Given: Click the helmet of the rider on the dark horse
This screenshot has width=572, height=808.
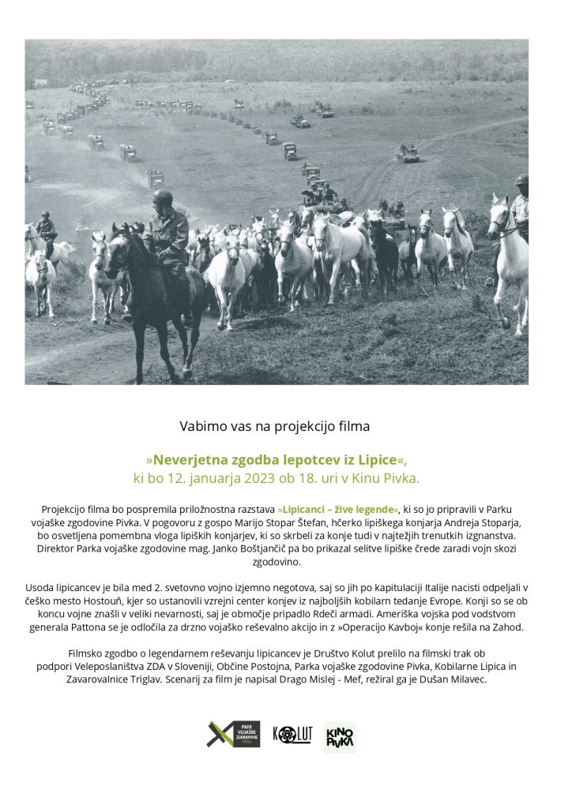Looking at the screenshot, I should pos(162,196).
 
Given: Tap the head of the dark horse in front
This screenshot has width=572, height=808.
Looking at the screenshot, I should pos(119,248).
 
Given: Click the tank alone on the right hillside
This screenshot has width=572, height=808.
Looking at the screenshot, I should pos(408,153).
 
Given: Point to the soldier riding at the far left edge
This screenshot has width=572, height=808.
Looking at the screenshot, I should pos(47,228).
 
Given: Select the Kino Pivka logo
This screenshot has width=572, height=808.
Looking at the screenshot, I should pos(340,736).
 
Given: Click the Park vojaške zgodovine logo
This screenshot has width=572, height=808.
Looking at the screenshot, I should pos(233,735).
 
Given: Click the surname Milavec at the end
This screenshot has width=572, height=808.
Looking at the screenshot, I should pos(468,679).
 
